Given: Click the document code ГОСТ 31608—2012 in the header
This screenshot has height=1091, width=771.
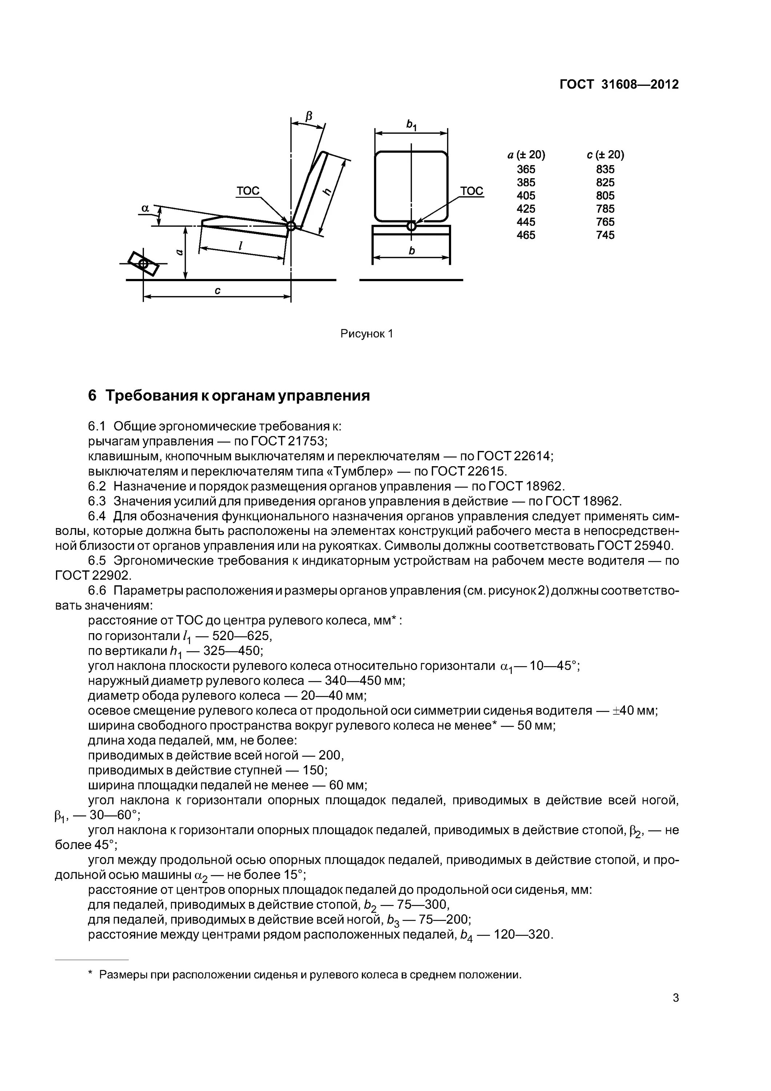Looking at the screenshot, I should click(x=619, y=85).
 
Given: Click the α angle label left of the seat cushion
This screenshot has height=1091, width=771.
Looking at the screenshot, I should click(x=145, y=208).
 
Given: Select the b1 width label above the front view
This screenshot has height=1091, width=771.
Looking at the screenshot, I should click(x=411, y=125).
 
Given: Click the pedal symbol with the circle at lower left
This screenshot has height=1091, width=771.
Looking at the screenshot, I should click(x=143, y=263).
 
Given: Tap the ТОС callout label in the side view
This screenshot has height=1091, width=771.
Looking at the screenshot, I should click(x=248, y=191).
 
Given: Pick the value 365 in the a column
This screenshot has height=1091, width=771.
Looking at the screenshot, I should click(x=526, y=169).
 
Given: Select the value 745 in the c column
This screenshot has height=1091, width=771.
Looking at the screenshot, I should click(x=605, y=235).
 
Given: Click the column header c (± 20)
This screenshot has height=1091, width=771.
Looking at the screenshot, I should click(x=605, y=155).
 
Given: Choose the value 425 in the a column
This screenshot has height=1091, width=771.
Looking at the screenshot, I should click(x=526, y=209).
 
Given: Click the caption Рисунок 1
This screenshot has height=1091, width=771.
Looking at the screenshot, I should click(x=367, y=333).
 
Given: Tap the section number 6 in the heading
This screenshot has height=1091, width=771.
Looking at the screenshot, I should click(x=92, y=395).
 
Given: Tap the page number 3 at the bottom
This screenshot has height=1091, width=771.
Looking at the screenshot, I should click(x=675, y=998).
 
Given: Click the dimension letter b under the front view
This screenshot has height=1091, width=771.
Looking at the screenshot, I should click(x=411, y=251).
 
